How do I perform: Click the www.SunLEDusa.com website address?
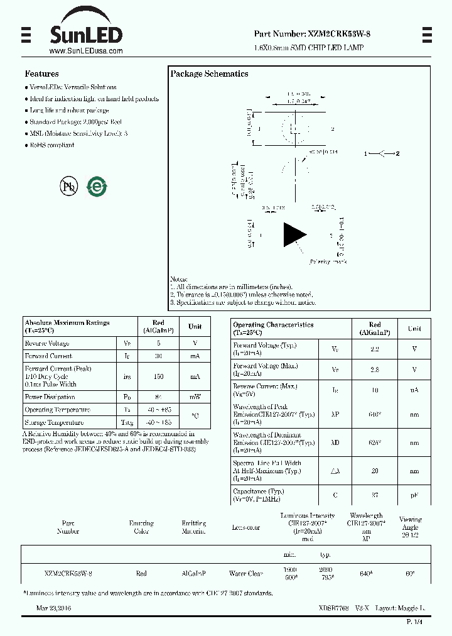pyautogui.click(x=85, y=51)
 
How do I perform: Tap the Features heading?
pyautogui.click(x=41, y=74)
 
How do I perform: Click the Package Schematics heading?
pyautogui.click(x=209, y=74)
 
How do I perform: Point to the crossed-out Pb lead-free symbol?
pyautogui.click(x=68, y=186)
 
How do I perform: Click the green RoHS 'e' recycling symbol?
pyautogui.click(x=97, y=186)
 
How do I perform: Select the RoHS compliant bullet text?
pyautogui.click(x=52, y=145)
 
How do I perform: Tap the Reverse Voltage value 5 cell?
pyautogui.click(x=158, y=343)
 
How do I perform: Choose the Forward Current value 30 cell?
pyautogui.click(x=158, y=356)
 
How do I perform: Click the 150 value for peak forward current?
pyautogui.click(x=158, y=376)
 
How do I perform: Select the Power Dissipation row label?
pyautogui.click(x=50, y=397)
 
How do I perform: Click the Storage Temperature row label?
pyautogui.click(x=54, y=422)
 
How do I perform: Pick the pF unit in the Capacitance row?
pyautogui.click(x=414, y=495)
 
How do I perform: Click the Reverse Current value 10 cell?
pyautogui.click(x=375, y=390)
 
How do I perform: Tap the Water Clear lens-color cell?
pyautogui.click(x=245, y=573)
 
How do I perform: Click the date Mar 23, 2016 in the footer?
pyautogui.click(x=53, y=608)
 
